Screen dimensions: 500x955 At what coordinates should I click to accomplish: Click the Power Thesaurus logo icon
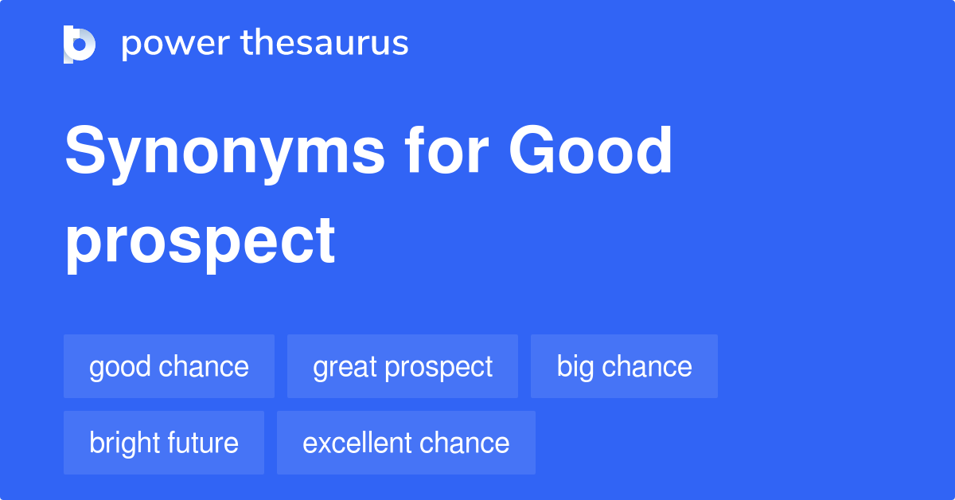(x=80, y=44)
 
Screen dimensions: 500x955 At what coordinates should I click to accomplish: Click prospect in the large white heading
(x=200, y=240)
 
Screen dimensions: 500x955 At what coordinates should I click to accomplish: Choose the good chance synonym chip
(x=169, y=366)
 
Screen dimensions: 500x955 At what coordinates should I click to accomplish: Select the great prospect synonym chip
(x=403, y=366)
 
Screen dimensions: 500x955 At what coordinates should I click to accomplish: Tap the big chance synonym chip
(x=624, y=366)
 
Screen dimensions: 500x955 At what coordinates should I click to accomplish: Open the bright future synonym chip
(x=164, y=443)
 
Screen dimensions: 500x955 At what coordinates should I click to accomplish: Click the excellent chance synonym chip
(x=406, y=443)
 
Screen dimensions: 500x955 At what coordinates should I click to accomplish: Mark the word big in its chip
(x=575, y=367)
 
